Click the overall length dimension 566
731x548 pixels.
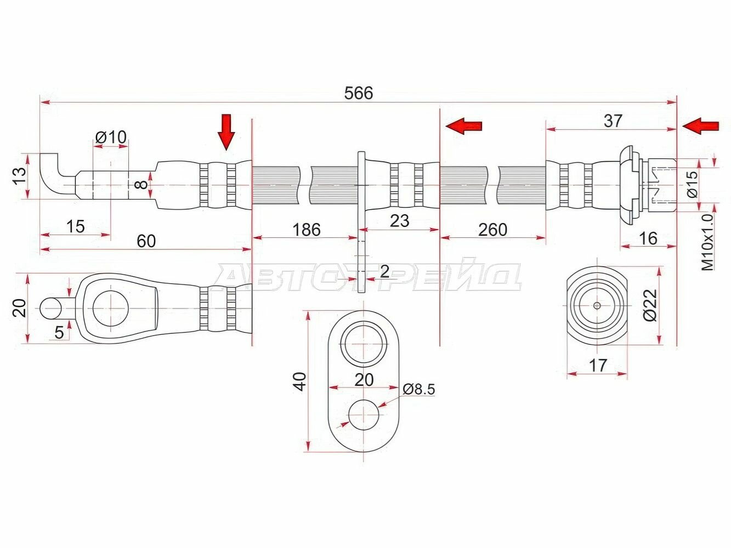click(358, 93)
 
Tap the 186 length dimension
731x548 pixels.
click(307, 230)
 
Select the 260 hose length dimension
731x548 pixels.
click(492, 230)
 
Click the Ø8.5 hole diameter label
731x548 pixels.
click(418, 389)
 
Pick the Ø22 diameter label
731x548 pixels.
click(650, 305)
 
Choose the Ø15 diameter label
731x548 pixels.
click(692, 184)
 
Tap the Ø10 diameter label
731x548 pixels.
click(111, 137)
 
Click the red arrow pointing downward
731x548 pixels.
click(226, 132)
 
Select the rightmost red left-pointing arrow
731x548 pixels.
click(700, 127)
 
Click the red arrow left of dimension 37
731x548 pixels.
click(463, 126)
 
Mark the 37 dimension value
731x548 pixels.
click(613, 121)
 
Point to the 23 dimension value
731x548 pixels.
click(399, 221)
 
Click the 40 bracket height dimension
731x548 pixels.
click(301, 381)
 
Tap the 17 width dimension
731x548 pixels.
click(598, 366)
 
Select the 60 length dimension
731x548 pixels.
click(146, 241)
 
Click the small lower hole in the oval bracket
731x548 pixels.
click(364, 415)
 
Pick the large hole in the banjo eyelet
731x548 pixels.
click(111, 309)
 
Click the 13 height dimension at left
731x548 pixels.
click(20, 175)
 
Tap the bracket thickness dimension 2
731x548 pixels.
click(384, 272)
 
